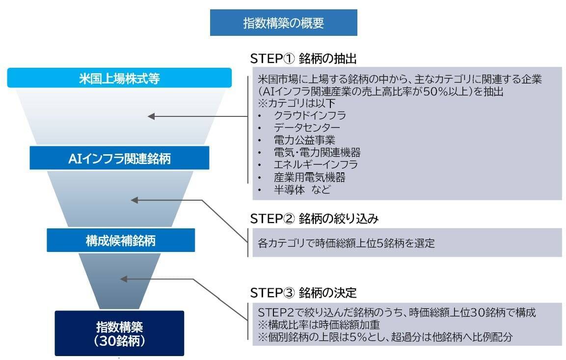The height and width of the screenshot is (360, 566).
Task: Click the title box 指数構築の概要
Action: click(x=283, y=23)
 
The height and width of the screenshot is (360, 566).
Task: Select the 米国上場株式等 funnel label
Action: click(x=119, y=78)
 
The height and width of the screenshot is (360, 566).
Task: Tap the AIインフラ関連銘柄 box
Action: click(x=119, y=158)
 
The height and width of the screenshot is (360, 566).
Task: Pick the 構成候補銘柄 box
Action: click(x=121, y=241)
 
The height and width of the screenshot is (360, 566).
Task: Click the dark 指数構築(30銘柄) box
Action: click(x=119, y=333)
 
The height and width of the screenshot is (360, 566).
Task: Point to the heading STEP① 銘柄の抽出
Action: click(x=303, y=58)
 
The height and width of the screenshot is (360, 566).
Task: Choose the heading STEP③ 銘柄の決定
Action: click(x=303, y=293)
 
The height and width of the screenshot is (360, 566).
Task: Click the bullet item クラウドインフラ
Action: click(x=310, y=115)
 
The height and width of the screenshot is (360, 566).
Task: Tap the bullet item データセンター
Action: click(x=307, y=128)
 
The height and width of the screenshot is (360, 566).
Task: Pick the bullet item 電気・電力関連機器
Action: click(x=317, y=152)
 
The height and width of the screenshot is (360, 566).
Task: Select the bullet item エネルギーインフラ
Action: click(x=316, y=165)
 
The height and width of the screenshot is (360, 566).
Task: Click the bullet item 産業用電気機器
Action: click(x=309, y=177)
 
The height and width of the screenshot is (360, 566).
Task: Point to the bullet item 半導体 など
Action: click(x=302, y=190)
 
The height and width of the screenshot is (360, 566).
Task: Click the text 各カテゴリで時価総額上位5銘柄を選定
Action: click(x=346, y=243)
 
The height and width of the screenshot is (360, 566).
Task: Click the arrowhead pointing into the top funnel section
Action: click(x=152, y=116)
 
